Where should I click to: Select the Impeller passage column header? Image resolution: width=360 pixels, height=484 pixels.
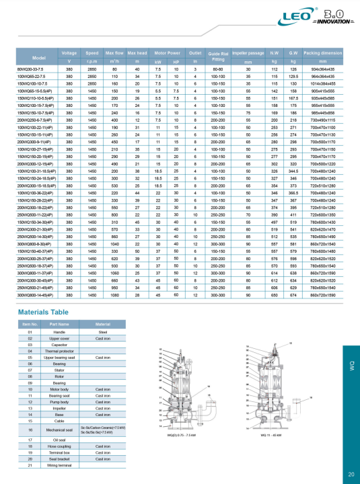coord(248,52)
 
